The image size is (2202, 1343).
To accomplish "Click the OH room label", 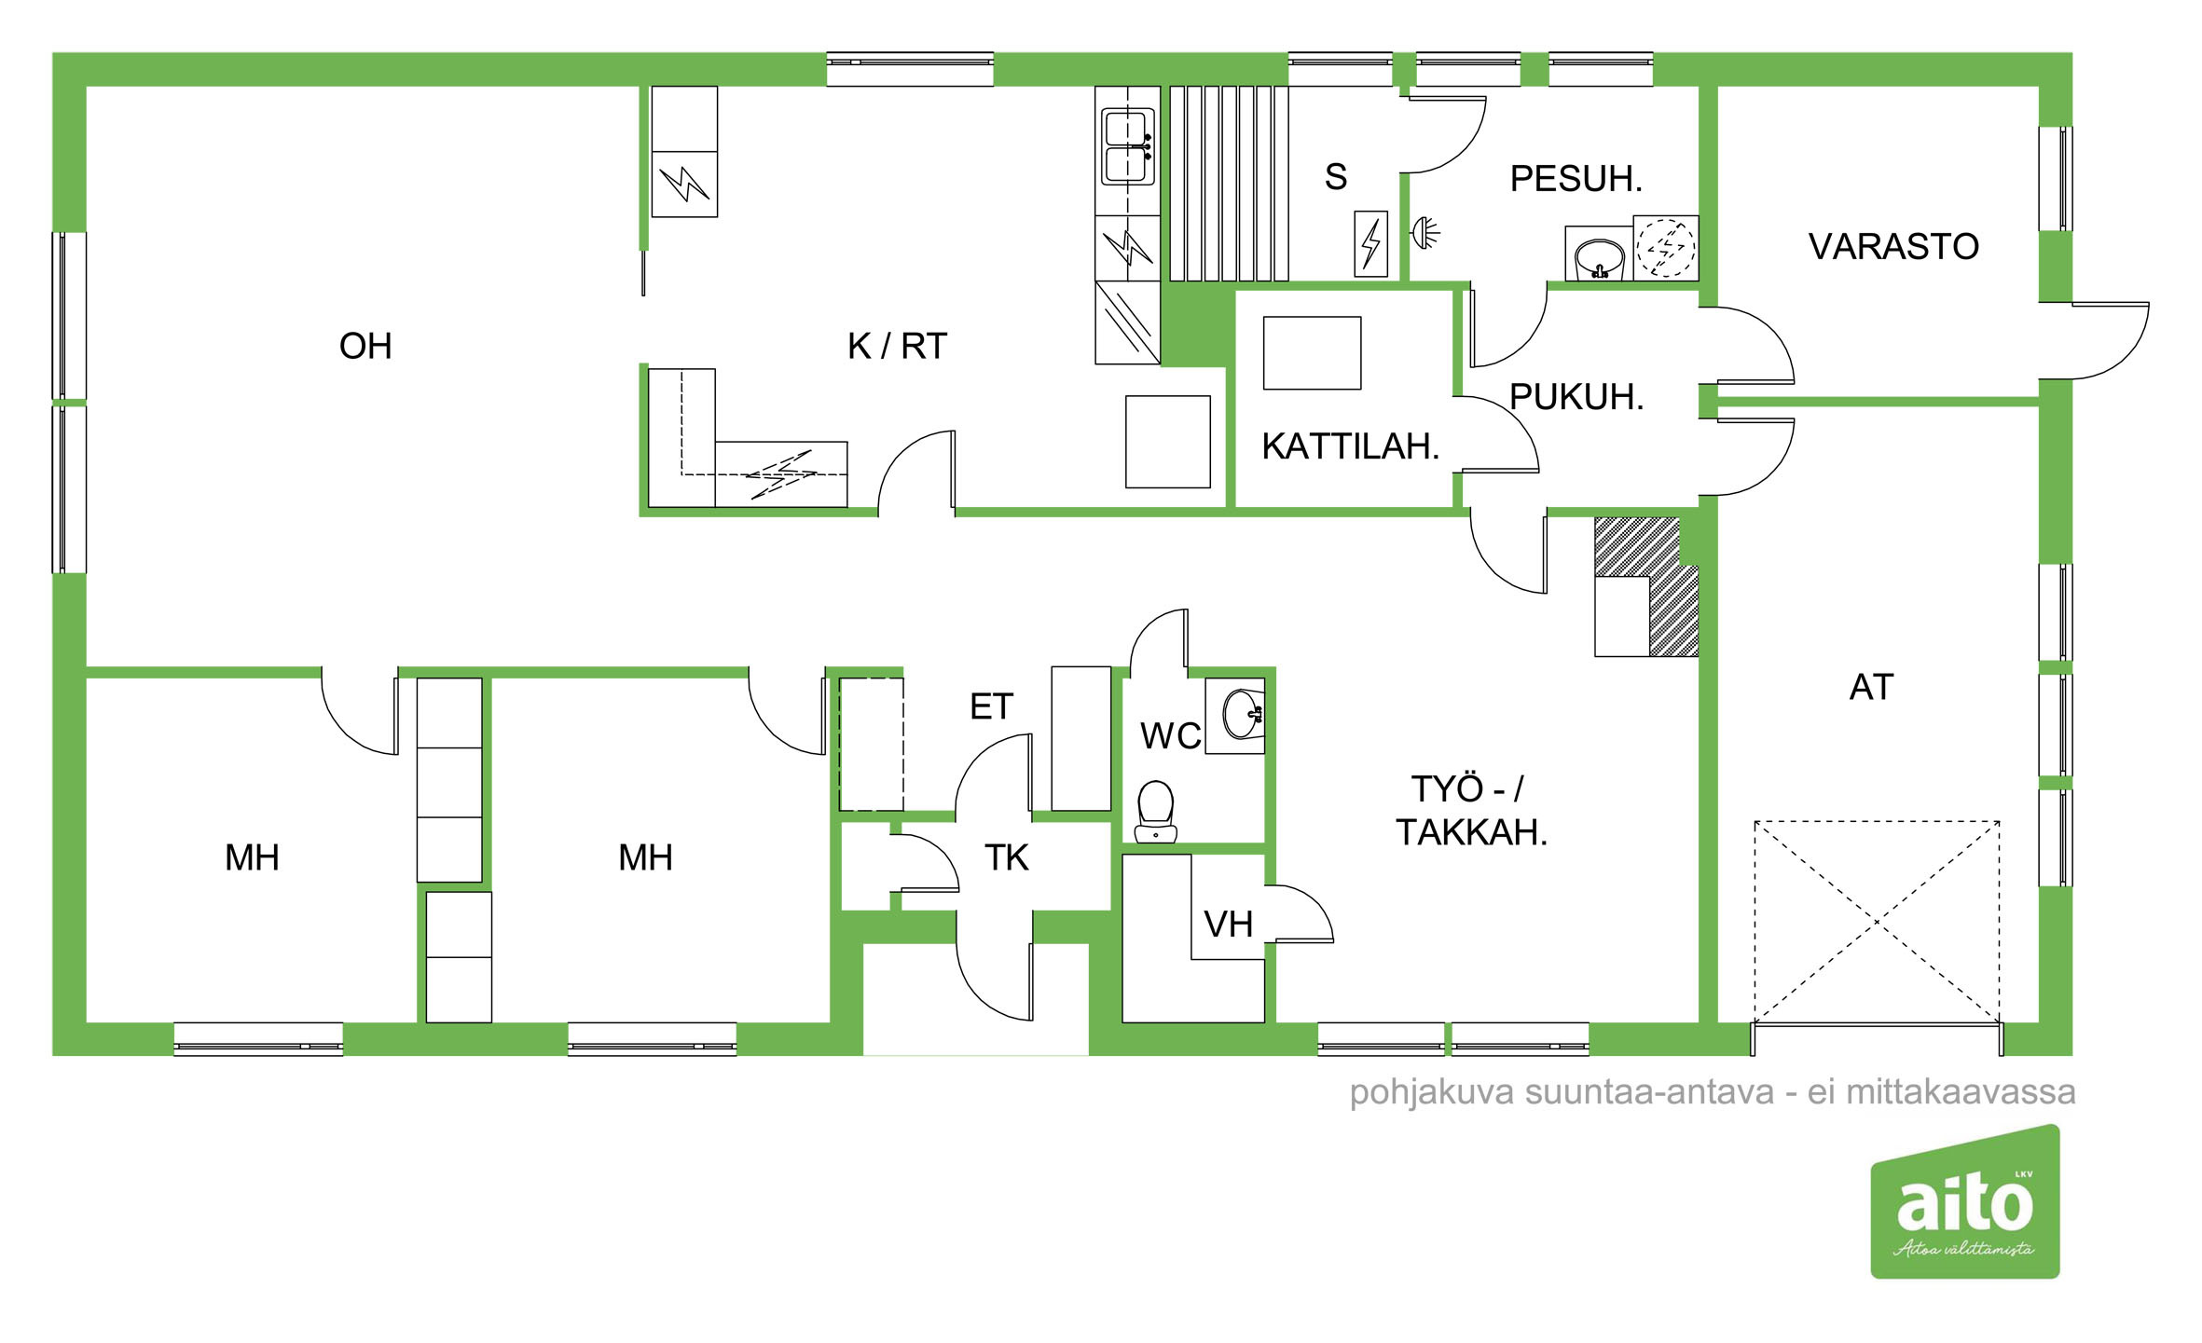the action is pos(365,346).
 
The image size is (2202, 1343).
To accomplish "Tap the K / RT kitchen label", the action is pos(897,346).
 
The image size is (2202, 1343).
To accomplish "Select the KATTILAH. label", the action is pos(1350,446).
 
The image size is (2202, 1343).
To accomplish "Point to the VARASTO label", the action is pos(1893,246).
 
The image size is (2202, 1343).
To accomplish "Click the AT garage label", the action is pos(1871,687).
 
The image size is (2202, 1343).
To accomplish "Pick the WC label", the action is pos(1170,736).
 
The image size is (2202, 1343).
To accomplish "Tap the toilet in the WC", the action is pos(1156,811).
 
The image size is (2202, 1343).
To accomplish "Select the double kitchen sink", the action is pos(1128,147).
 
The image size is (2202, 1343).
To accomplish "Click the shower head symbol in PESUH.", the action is pos(1424,232).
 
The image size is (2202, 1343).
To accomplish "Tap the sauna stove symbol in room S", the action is pos(1370,244).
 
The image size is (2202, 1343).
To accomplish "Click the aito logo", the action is pos(1965,1201).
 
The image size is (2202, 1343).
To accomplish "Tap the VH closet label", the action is pos(1228,925).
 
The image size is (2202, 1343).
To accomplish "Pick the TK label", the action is pos(1007,857).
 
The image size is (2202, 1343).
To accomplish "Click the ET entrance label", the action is pos(991,706).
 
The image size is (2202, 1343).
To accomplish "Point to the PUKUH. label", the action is pos(1576,397).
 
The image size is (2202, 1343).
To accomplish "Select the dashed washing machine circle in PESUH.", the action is pos(1666,248).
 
